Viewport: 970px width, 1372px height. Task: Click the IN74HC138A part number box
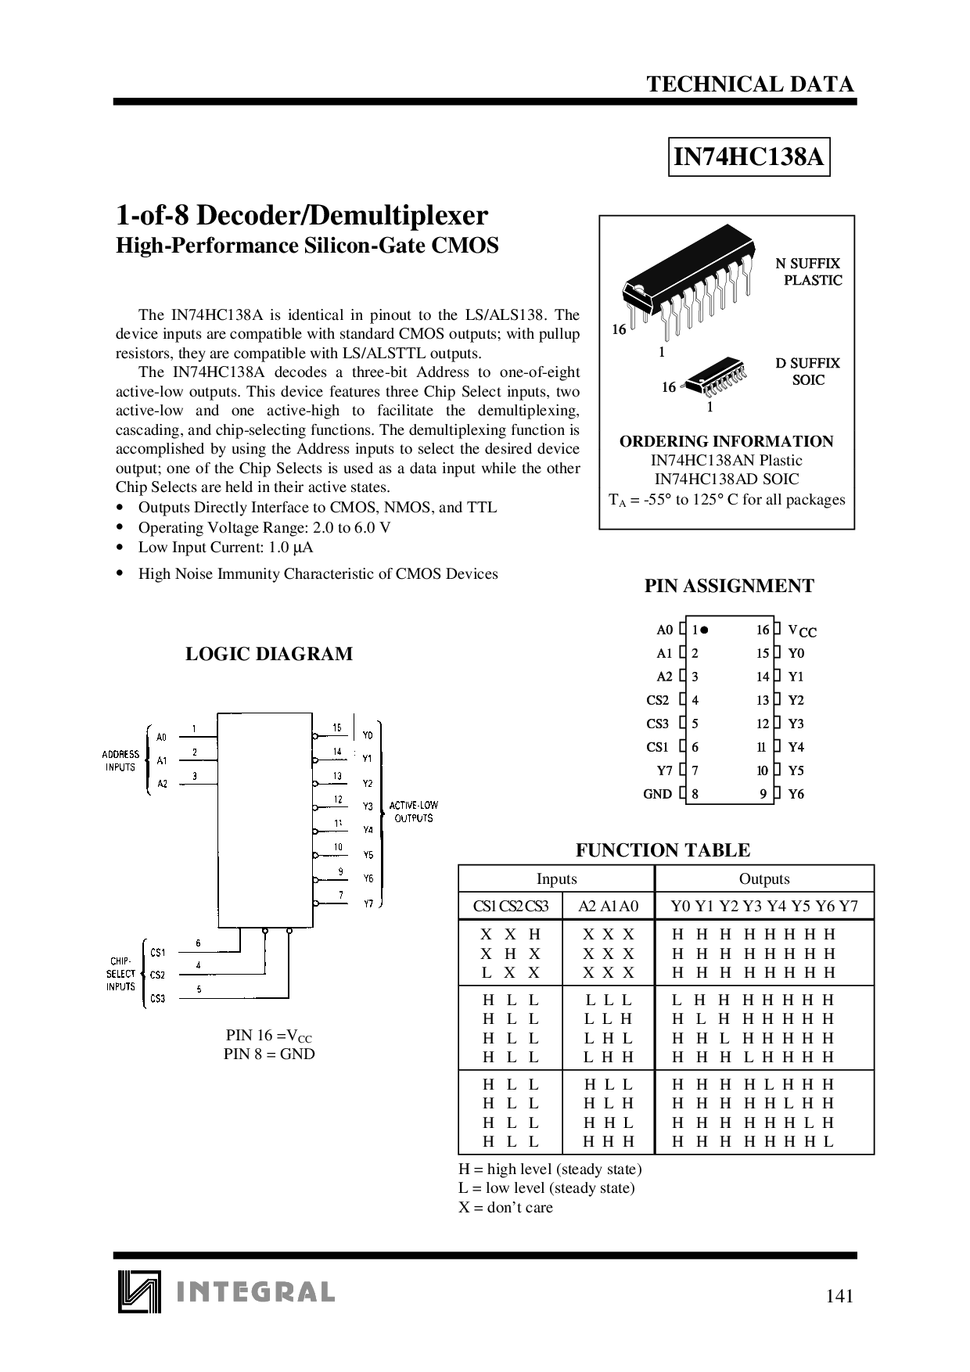(749, 157)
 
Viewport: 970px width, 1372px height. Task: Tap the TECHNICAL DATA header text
(750, 84)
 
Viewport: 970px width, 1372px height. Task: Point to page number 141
(839, 1296)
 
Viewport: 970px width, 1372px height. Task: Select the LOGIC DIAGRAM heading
(269, 654)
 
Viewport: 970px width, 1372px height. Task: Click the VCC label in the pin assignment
(802, 630)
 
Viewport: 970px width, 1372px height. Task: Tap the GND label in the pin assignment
(657, 794)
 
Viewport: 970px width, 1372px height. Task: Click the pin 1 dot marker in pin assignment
(704, 630)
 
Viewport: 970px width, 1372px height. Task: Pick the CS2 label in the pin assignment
(658, 700)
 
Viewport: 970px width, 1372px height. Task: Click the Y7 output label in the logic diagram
(368, 903)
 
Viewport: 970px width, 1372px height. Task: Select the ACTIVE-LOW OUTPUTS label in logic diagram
(414, 811)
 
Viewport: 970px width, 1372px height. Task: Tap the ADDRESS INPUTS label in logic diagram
(120, 760)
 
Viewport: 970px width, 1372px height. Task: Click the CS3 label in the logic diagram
(158, 998)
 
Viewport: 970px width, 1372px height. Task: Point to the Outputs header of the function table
(764, 878)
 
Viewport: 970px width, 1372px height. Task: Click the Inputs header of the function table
(557, 878)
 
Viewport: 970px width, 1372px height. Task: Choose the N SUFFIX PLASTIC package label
(809, 271)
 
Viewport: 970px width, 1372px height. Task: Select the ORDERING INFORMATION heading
(727, 441)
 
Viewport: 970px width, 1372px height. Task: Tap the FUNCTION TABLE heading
(663, 850)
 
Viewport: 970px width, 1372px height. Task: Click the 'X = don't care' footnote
(505, 1207)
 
